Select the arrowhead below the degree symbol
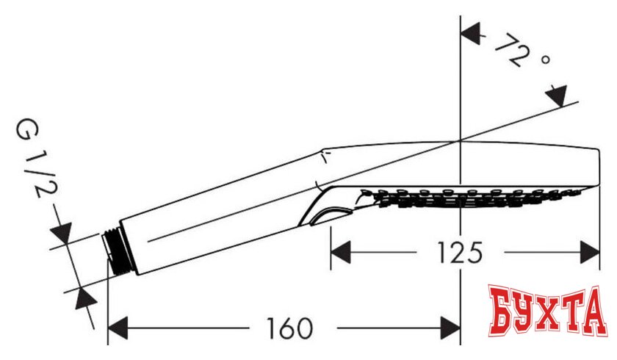click(x=558, y=96)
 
